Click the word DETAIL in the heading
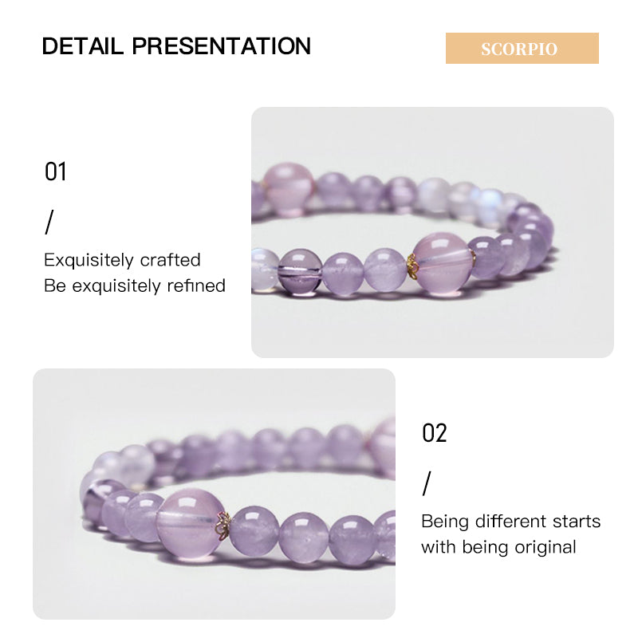point(83,45)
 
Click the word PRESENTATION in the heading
point(222,45)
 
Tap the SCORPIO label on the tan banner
point(519,49)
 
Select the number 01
point(55,171)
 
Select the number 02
point(434,432)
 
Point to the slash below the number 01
point(49,223)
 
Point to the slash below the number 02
point(427,484)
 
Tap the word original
point(545,547)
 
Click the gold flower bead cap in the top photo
point(412,266)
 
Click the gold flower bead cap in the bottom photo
point(223,526)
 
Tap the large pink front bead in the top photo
point(443,262)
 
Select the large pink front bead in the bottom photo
point(190,524)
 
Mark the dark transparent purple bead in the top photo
point(301,271)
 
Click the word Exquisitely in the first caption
point(89,261)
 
